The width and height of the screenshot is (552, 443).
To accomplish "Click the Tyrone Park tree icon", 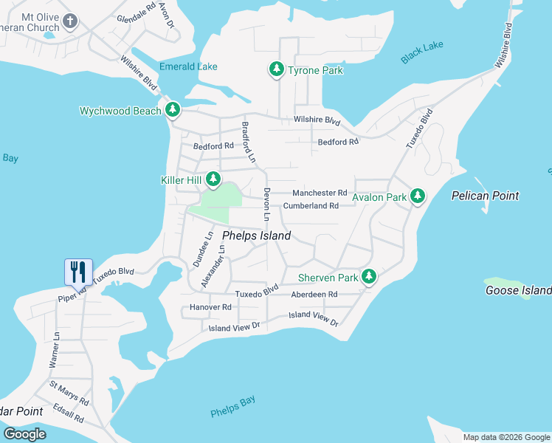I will (x=277, y=70).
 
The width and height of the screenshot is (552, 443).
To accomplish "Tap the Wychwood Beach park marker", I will (x=173, y=111).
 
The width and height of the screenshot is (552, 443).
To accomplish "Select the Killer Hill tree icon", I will (x=213, y=179).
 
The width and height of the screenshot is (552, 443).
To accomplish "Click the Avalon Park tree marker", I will (x=418, y=196).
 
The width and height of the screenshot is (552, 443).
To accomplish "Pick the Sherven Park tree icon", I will (x=369, y=278).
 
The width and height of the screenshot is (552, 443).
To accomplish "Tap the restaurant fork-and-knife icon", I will (x=78, y=272).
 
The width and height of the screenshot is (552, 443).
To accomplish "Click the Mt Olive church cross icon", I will (x=70, y=21).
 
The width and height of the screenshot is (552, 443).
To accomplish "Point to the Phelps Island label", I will (x=256, y=236).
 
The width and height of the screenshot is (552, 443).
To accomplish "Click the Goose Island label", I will (x=518, y=290).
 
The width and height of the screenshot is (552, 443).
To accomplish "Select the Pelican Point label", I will (x=485, y=196).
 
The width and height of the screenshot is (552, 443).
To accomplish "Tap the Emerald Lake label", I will (x=188, y=66).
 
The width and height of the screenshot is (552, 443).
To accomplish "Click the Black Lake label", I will (x=422, y=52).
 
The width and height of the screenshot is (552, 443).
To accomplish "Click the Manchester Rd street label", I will (x=320, y=192).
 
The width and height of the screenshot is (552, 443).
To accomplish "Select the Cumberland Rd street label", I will (x=311, y=206).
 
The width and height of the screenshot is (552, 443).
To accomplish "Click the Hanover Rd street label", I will (x=210, y=306).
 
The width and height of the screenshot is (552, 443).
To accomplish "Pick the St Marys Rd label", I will (x=69, y=392).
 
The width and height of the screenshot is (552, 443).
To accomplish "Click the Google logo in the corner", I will (x=25, y=433).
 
